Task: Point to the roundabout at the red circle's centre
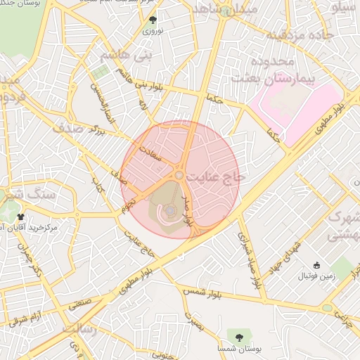click(180, 174)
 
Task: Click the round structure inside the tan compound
click(169, 210)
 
